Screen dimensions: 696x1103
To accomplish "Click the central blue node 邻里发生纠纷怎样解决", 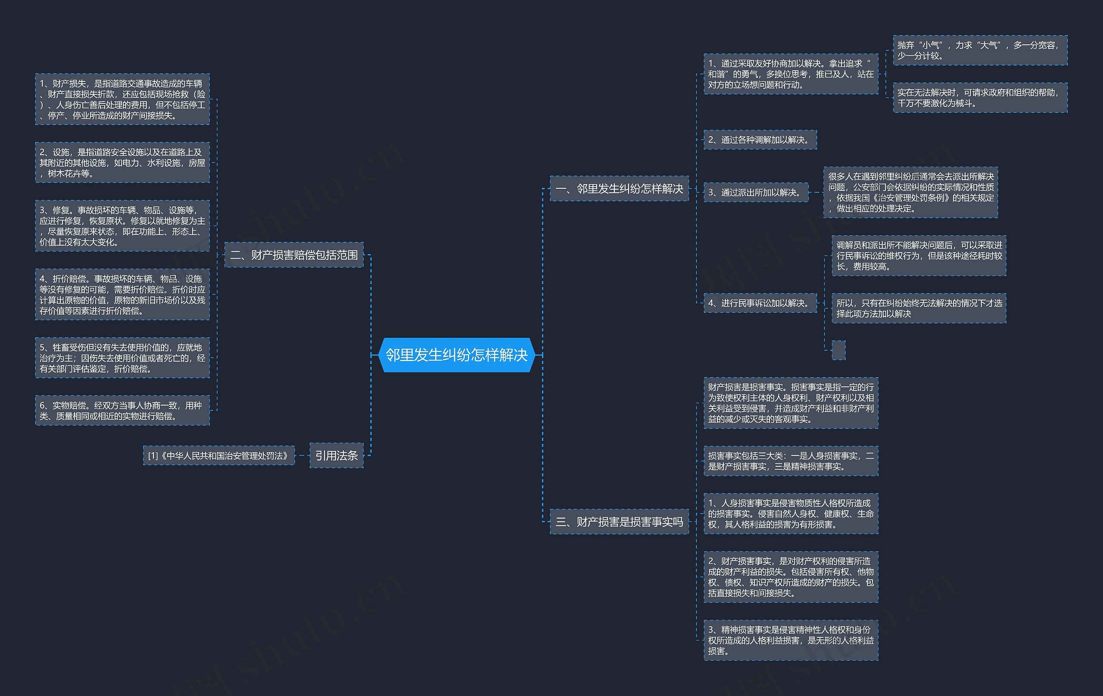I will pos(457,355).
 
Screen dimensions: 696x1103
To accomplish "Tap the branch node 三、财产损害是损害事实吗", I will pos(619,521).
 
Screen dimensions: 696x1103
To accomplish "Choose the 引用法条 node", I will pos(336,456).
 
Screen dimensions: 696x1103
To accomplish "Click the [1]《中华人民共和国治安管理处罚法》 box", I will pos(218,456).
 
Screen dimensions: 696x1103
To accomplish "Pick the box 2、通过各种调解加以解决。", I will pos(760,140).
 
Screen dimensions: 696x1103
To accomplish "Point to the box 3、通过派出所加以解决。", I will pos(756,193).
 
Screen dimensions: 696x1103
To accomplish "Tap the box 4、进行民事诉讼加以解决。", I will pos(760,303).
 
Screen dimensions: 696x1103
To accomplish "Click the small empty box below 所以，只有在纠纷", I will pos(838,350).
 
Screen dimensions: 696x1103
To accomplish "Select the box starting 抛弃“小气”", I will pos(980,50).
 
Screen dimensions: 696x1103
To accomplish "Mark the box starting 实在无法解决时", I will pos(980,97).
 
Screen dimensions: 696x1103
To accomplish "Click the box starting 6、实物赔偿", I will pos(122,411).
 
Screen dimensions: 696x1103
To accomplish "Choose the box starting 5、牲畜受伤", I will pos(122,358).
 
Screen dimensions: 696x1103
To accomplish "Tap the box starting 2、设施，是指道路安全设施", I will pos(122,162).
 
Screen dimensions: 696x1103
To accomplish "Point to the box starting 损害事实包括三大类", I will pos(791,461).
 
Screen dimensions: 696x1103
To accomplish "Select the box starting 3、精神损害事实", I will pos(791,640).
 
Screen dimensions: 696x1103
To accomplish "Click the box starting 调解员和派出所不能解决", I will pos(919,256).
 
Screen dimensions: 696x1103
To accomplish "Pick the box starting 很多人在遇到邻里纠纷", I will pos(910,193).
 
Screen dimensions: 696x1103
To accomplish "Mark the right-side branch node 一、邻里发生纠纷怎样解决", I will pos(619,188).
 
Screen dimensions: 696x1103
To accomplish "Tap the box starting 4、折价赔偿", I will pos(122,295).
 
